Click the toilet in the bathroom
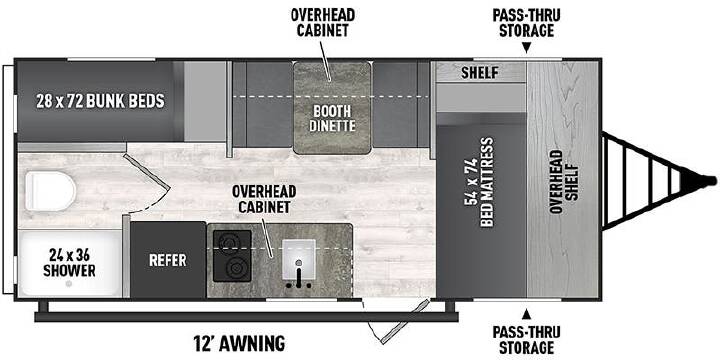pyautogui.click(x=50, y=191)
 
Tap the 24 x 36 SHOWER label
pyautogui.click(x=69, y=262)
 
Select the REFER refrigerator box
pyautogui.click(x=168, y=260)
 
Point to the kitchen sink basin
pyautogui.click(x=298, y=259)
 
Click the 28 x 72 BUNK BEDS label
pyautogui.click(x=100, y=101)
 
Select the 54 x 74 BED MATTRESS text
pyautogui.click(x=479, y=182)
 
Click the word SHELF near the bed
pyautogui.click(x=479, y=73)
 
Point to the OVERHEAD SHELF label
pyautogui.click(x=563, y=182)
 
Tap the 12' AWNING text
pyautogui.click(x=239, y=342)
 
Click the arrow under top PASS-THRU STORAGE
pyautogui.click(x=526, y=47)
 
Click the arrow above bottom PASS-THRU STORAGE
pyautogui.click(x=526, y=315)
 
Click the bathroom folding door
pyautogui.click(x=148, y=185)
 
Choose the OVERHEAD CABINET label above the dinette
pyautogui.click(x=322, y=22)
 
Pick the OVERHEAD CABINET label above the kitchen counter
pyautogui.click(x=264, y=199)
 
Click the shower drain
pyautogui.click(x=69, y=284)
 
